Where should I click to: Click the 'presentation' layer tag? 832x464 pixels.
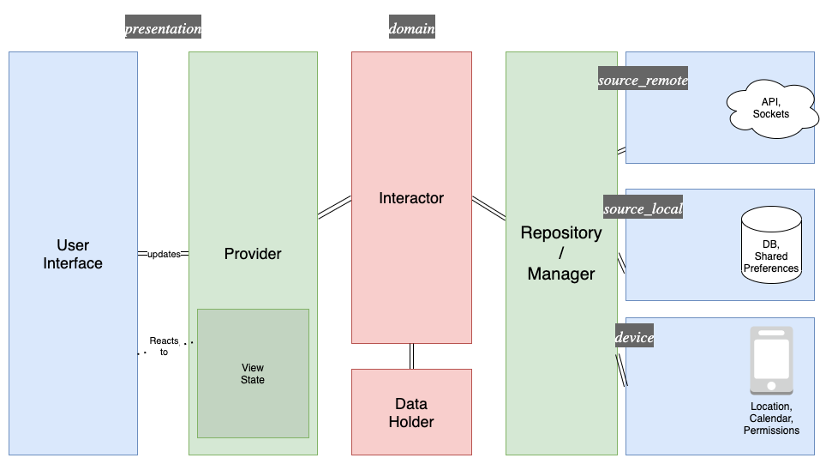[164, 27]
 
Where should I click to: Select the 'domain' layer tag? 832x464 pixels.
[412, 27]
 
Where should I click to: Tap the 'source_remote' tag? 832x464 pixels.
[643, 80]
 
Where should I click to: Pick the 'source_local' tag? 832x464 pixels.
[643, 208]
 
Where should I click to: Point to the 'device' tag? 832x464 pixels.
[635, 337]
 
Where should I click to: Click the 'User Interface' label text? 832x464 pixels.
[73, 254]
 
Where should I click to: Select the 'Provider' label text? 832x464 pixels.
[253, 254]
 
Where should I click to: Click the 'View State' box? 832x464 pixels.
[253, 373]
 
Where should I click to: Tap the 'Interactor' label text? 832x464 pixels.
[411, 198]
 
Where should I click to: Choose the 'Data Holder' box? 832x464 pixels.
[411, 412]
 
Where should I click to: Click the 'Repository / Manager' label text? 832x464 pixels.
[561, 253]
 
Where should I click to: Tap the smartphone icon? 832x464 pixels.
[771, 360]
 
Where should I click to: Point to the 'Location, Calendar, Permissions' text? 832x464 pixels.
[771, 418]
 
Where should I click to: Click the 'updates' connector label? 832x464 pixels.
[164, 254]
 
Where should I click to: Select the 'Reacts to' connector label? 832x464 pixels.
[164, 346]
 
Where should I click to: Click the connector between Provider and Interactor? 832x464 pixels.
[334, 207]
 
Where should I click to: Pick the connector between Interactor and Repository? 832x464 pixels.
[488, 208]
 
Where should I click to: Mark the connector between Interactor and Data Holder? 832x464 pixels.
[411, 356]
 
